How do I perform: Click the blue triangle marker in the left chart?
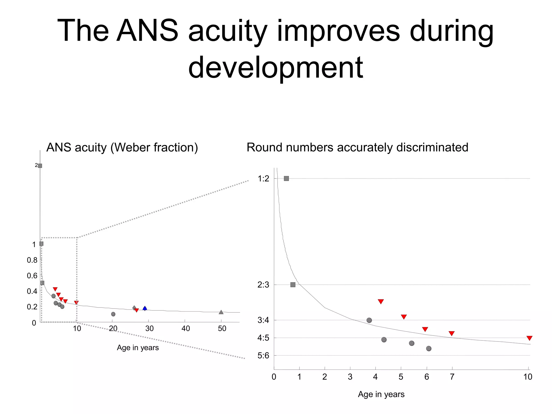pyautogui.click(x=145, y=308)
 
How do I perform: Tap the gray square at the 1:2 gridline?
pyautogui.click(x=287, y=178)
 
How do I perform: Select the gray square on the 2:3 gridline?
pyautogui.click(x=293, y=285)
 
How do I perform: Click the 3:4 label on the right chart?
pyautogui.click(x=263, y=320)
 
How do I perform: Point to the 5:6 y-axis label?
pyautogui.click(x=263, y=356)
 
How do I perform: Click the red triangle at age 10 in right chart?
pyautogui.click(x=529, y=338)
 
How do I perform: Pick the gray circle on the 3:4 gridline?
pyautogui.click(x=369, y=320)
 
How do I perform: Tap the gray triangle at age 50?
pyautogui.click(x=221, y=312)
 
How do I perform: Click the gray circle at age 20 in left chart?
pyautogui.click(x=113, y=314)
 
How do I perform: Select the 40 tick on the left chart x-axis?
pyautogui.click(x=186, y=329)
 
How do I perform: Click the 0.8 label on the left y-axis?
pyautogui.click(x=32, y=260)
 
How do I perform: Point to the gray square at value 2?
pyautogui.click(x=40, y=166)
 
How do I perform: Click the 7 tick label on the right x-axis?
pyautogui.click(x=452, y=377)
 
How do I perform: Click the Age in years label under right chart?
pyautogui.click(x=381, y=394)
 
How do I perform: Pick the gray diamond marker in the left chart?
pyautogui.click(x=134, y=308)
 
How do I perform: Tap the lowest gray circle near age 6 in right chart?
pyautogui.click(x=429, y=349)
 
